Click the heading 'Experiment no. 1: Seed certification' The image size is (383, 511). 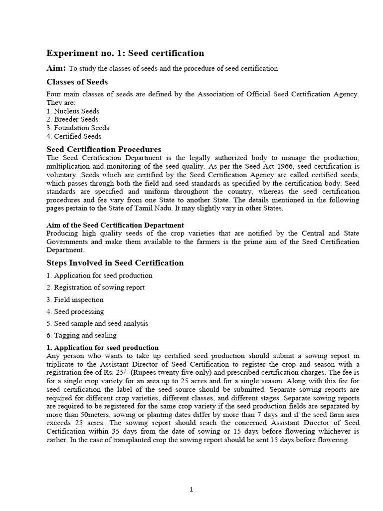[125, 53]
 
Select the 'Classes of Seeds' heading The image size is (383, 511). [77, 82]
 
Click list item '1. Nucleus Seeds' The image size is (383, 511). [73, 111]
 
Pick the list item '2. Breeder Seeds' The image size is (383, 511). [72, 119]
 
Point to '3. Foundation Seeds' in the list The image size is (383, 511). [78, 128]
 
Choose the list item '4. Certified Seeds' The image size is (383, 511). [74, 136]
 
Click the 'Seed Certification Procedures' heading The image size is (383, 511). [104, 149]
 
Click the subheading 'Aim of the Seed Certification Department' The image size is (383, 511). [115, 225]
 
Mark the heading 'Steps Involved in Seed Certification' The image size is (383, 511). [115, 263]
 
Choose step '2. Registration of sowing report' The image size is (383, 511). [96, 287]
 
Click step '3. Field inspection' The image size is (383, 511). [75, 299]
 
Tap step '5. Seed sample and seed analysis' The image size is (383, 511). [97, 323]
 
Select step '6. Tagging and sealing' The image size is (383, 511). [81, 335]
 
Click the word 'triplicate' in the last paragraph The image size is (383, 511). [62, 364]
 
